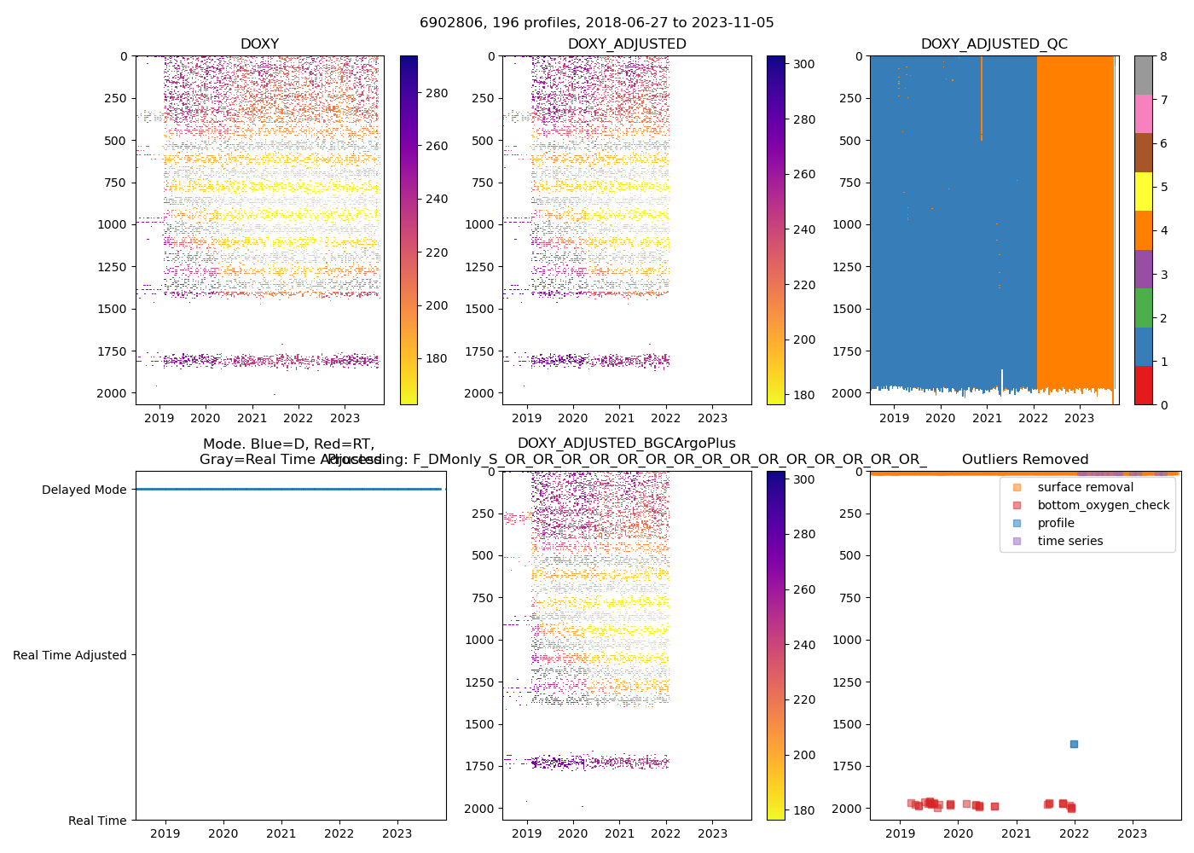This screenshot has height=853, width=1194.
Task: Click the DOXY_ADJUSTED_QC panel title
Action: (994, 44)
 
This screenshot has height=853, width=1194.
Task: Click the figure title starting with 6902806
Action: (596, 23)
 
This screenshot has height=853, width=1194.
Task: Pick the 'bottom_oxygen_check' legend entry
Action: (1103, 505)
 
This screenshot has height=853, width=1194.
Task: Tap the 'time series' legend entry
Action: (1069, 541)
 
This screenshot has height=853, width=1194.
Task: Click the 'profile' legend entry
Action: (1056, 523)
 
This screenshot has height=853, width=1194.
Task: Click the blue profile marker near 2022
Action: (1074, 744)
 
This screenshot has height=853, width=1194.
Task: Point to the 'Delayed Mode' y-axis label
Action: (84, 490)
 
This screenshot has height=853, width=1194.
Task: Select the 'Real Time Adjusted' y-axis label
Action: (70, 655)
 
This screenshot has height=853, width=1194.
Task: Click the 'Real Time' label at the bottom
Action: (97, 821)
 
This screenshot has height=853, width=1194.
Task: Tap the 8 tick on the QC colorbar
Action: (1163, 56)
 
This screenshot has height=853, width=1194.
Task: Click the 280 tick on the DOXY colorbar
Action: (437, 93)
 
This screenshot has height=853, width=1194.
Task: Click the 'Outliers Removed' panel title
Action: (1025, 460)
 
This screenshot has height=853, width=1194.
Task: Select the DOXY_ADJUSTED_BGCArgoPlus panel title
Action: (626, 444)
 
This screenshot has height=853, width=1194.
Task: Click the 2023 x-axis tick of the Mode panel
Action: (397, 833)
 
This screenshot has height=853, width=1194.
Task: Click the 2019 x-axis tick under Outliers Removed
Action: (900, 833)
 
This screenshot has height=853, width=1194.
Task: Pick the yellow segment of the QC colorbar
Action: (1144, 191)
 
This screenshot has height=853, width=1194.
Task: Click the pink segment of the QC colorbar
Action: (1144, 113)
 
